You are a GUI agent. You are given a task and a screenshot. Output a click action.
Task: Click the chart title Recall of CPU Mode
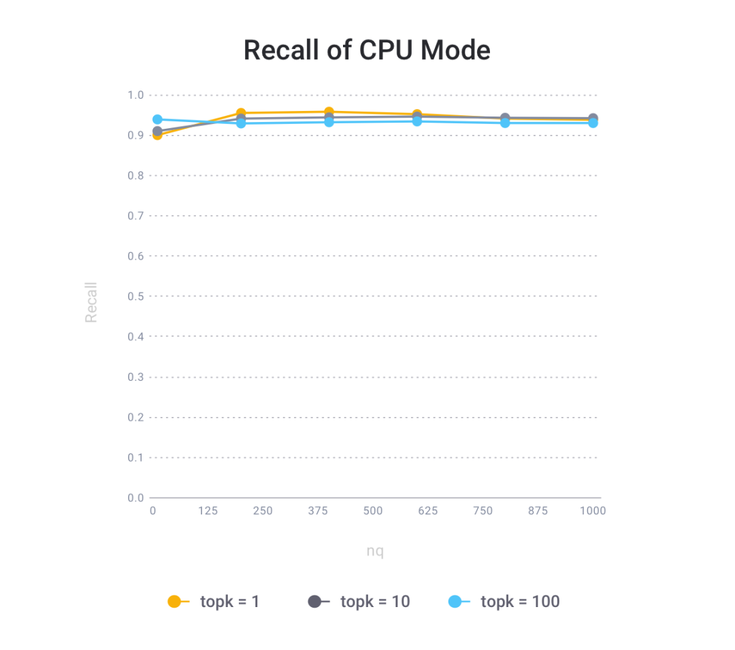(367, 50)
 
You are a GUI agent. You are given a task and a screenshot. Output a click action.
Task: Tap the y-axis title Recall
(91, 302)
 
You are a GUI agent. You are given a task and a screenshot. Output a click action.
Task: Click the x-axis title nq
(375, 551)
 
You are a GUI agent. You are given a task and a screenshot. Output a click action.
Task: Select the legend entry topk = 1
(214, 601)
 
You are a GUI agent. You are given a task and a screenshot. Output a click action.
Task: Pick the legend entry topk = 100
(504, 601)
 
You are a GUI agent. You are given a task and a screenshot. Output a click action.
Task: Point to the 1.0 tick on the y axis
(135, 95)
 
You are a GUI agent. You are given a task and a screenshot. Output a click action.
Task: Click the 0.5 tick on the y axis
(135, 296)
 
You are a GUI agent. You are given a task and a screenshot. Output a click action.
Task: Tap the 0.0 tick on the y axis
(135, 498)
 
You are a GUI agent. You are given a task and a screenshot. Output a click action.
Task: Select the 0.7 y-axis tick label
(135, 216)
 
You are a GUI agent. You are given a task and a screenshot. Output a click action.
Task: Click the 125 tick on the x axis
(208, 511)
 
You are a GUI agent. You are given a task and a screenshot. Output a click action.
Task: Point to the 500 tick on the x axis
(372, 511)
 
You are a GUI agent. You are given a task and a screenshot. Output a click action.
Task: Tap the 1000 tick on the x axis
(593, 511)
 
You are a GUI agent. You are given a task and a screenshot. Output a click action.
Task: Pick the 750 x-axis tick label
(483, 511)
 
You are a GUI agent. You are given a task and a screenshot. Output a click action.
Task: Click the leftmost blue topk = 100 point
(157, 119)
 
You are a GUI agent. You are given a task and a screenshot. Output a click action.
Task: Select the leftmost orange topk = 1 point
(157, 135)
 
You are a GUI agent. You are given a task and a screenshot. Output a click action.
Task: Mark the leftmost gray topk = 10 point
(157, 131)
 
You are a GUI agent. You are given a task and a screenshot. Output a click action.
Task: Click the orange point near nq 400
(329, 112)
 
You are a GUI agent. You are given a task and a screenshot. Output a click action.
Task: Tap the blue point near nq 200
(241, 123)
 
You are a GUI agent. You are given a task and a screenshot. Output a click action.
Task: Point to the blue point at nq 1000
(593, 123)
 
